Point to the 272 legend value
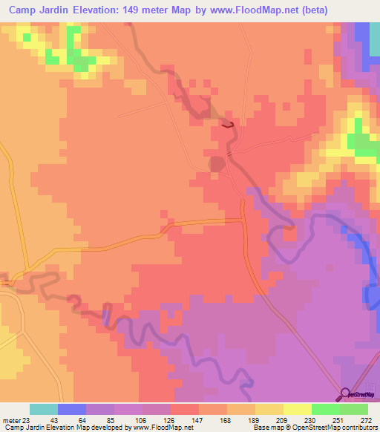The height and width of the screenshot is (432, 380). point(364,419)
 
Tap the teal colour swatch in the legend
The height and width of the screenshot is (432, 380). point(44,409)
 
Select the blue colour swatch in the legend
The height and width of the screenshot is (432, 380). point(72,409)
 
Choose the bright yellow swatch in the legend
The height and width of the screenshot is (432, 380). point(298,409)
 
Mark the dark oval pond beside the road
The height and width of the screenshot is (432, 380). point(217,163)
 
